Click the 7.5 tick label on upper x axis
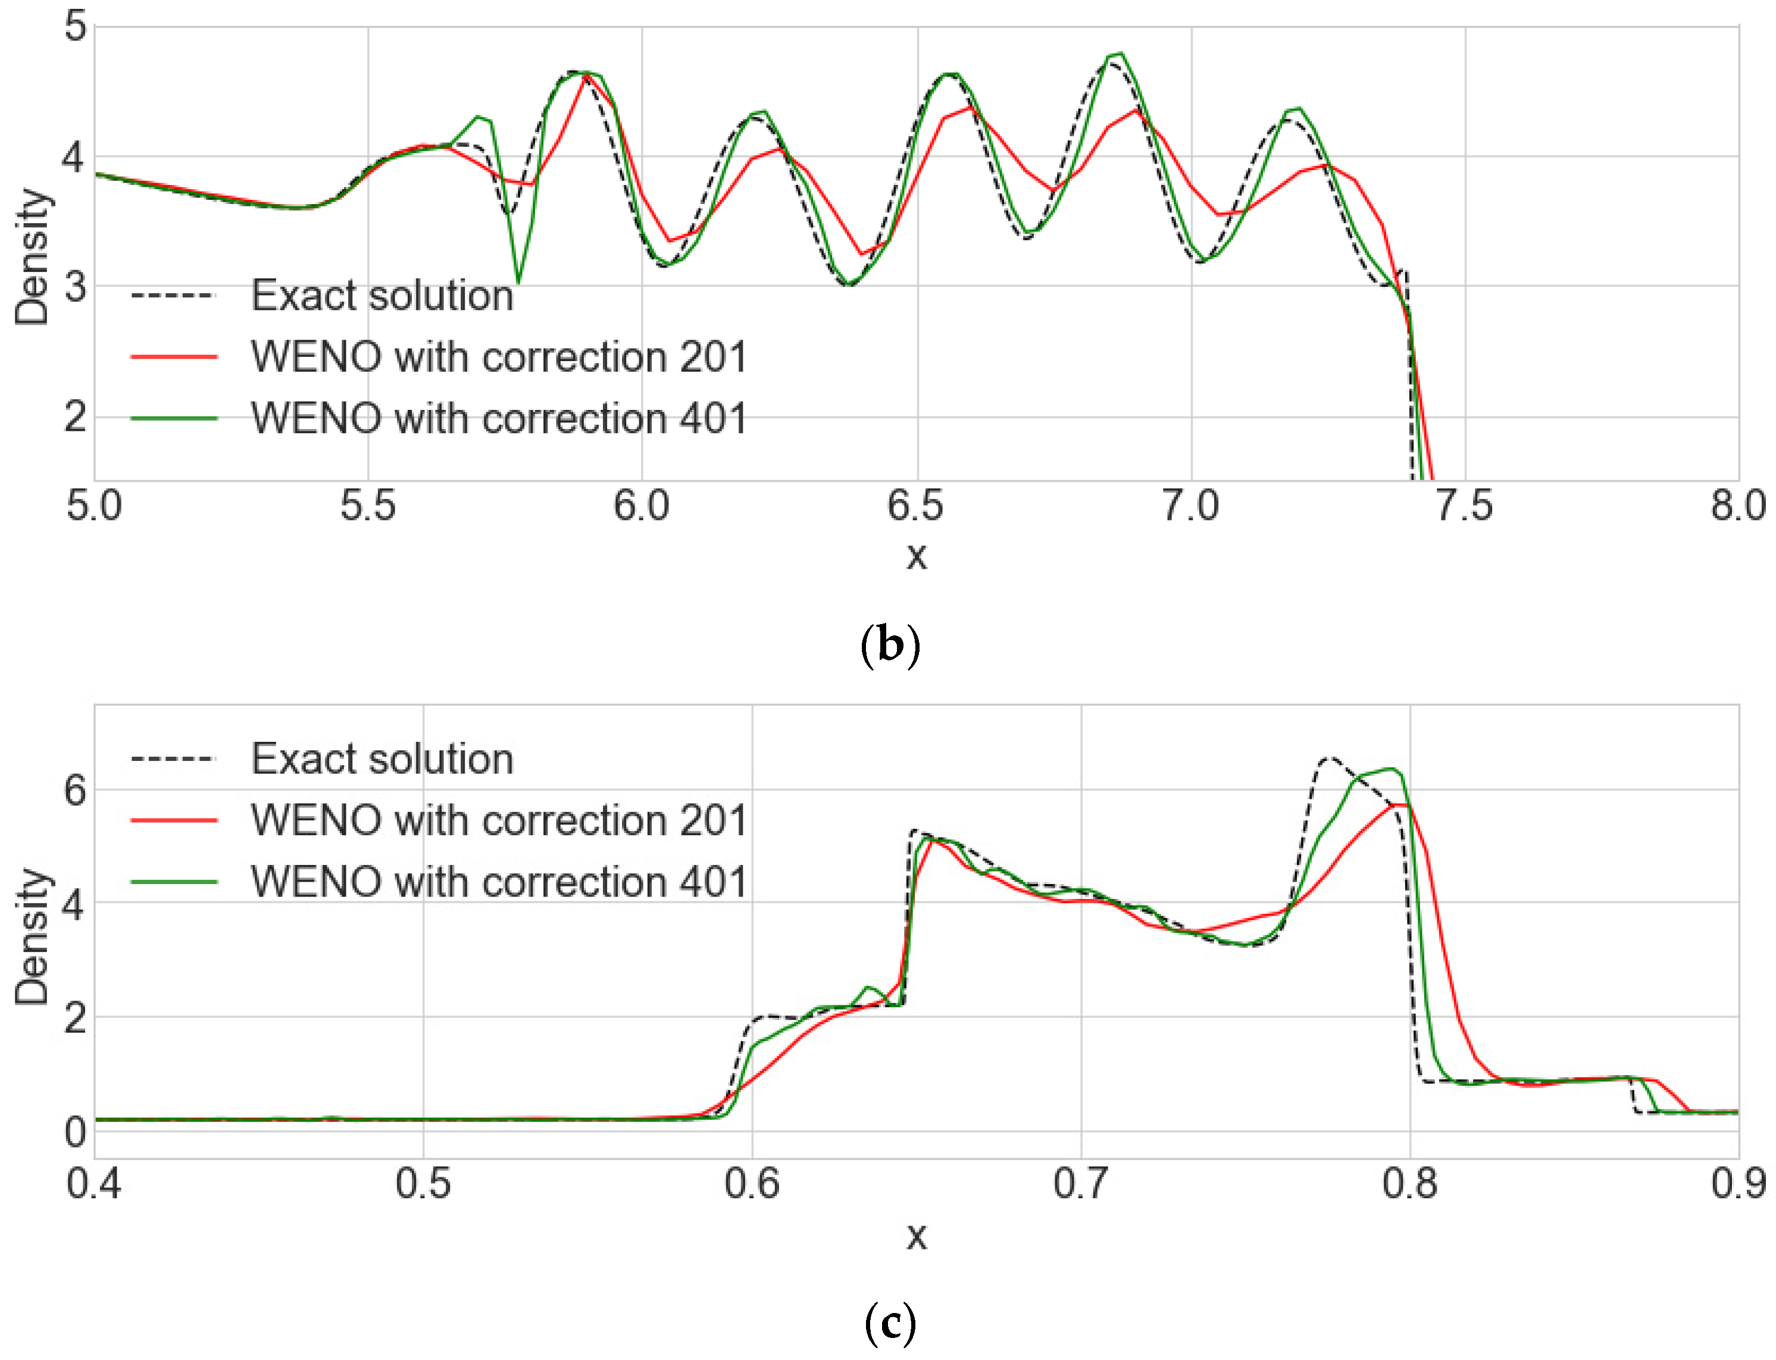coord(1464,506)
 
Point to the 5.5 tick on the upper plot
coord(368,506)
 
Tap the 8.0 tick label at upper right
coord(1737,506)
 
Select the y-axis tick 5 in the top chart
coord(76,26)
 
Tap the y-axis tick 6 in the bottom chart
coord(76,790)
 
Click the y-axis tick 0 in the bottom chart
coord(76,1132)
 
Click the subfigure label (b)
coord(890,645)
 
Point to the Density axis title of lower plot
coord(32,936)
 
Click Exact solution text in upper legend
coord(382,296)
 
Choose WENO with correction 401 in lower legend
coord(499,882)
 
